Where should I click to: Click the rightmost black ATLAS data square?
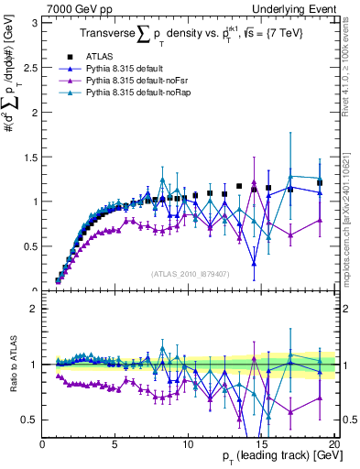pos(320,183)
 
